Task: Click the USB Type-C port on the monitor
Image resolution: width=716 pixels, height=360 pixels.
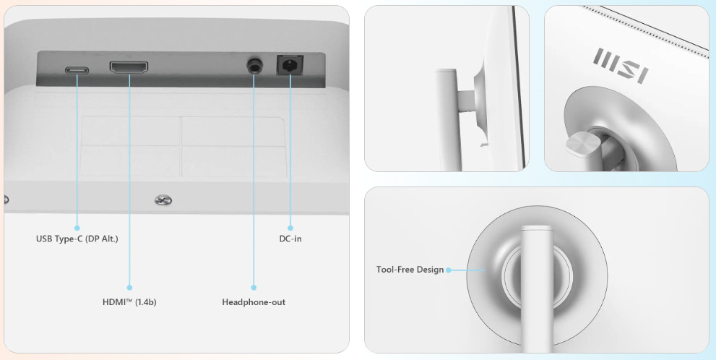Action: [x=77, y=71]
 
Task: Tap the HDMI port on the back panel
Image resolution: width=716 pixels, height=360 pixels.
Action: [x=129, y=68]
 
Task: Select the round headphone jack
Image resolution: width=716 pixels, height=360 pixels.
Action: [x=254, y=65]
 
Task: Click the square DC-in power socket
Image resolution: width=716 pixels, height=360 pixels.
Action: [x=290, y=65]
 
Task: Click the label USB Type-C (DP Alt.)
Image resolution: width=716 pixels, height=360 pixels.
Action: [x=77, y=239]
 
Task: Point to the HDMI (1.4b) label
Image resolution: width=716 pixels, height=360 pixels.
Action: [x=129, y=302]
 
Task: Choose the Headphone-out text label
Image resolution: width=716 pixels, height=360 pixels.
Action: [x=254, y=302]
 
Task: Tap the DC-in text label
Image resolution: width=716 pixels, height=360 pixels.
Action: [x=290, y=239]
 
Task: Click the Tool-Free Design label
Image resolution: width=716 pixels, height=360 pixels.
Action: [x=410, y=270]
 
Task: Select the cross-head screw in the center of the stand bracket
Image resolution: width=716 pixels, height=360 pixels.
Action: [x=163, y=200]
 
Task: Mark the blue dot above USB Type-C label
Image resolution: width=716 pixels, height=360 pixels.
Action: [x=77, y=228]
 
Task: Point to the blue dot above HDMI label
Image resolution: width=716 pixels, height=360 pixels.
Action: [x=129, y=288]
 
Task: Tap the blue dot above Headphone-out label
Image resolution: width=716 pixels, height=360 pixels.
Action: [x=254, y=288]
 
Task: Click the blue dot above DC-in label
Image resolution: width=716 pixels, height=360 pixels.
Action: [x=290, y=228]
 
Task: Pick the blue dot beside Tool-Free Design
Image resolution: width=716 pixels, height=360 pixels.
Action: [x=449, y=270]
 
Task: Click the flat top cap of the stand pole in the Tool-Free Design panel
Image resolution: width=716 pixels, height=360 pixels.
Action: [x=537, y=228]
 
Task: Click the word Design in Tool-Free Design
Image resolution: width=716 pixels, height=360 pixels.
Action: [x=431, y=270]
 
